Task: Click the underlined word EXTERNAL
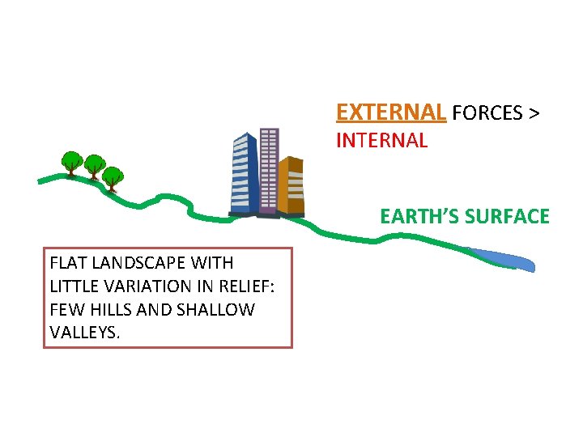(x=390, y=112)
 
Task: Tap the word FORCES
(x=488, y=112)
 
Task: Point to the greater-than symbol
(x=534, y=113)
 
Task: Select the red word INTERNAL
(x=381, y=141)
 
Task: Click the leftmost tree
(x=72, y=161)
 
